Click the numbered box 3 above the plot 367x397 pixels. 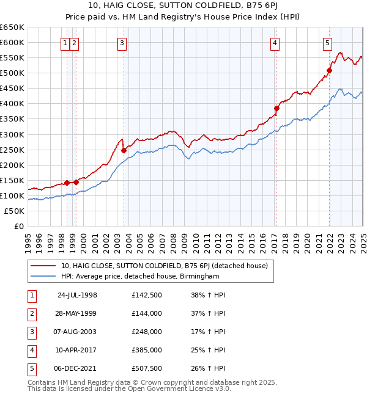point(122,43)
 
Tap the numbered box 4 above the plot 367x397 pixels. point(275,43)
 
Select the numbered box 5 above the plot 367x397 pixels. point(328,43)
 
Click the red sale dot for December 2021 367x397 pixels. point(329,70)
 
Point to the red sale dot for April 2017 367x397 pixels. point(276,108)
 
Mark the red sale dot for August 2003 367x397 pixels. point(124,150)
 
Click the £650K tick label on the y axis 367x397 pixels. point(12,27)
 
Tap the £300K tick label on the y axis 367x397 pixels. point(12,134)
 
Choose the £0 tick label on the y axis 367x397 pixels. point(18,226)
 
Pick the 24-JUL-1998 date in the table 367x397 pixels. point(77,295)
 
